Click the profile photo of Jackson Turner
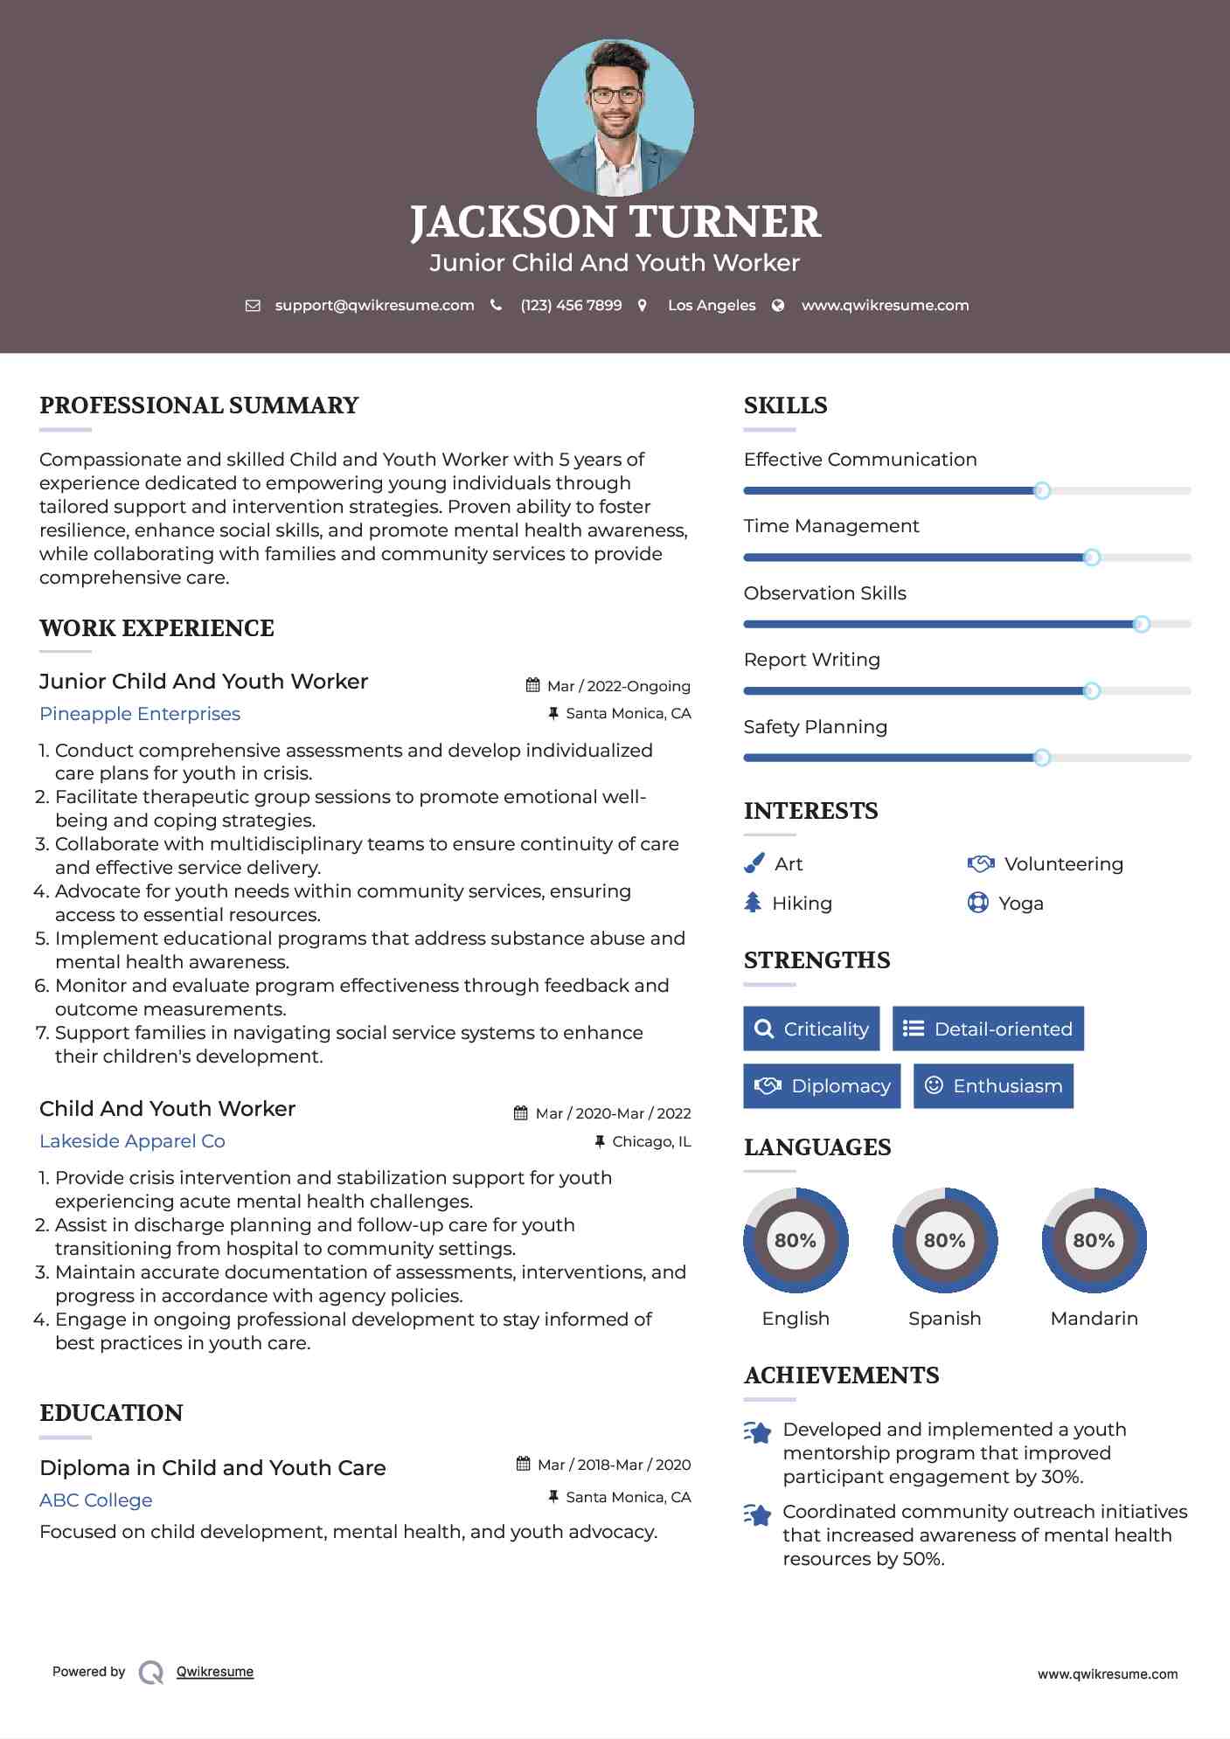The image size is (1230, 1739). point(615,117)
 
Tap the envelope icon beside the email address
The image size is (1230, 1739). point(253,306)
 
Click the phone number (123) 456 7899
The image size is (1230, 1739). point(571,306)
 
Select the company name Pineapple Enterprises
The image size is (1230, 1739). point(140,714)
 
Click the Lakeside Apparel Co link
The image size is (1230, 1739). point(132,1141)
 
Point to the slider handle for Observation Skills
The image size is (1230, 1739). point(1141,624)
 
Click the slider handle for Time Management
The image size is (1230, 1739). point(1091,558)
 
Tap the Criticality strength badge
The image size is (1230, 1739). point(811,1029)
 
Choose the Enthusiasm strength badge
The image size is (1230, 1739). point(993,1086)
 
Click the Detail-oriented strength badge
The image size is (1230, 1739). point(988,1029)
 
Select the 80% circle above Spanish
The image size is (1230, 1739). point(944,1240)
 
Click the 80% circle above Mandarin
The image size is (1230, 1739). point(1094,1240)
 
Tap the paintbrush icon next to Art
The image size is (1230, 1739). point(754,863)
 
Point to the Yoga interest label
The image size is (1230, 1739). point(1021,904)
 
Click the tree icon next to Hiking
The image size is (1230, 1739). point(753,903)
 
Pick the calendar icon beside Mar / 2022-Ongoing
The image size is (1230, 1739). point(532,685)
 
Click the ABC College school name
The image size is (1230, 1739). point(96,1500)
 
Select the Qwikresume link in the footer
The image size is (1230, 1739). point(215,1672)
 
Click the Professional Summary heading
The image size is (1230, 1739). point(199,405)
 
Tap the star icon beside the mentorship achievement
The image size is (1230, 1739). point(757,1432)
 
